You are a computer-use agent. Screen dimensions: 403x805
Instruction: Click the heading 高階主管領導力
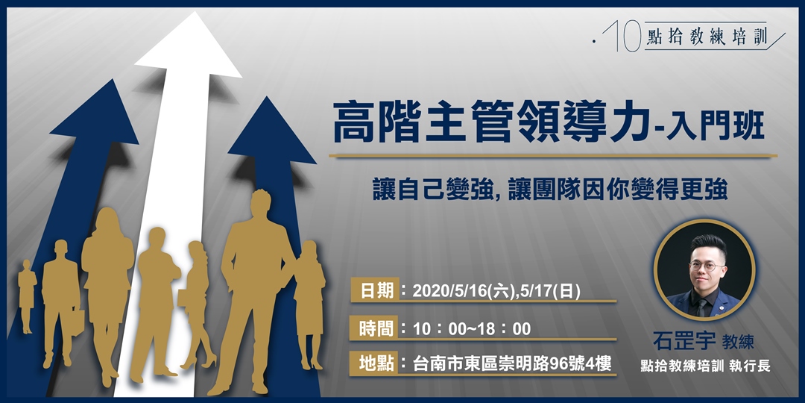click(x=487, y=123)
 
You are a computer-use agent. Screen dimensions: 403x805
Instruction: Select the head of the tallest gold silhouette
click(x=261, y=204)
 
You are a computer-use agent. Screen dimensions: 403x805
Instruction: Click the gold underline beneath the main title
click(x=552, y=156)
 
